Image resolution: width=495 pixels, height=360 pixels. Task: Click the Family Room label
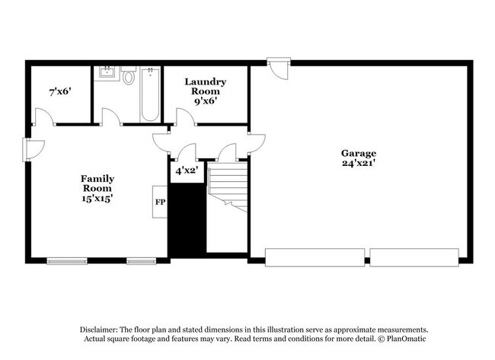[97, 183]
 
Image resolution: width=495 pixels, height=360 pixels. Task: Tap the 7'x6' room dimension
[59, 91]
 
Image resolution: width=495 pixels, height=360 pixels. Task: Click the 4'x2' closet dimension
[187, 170]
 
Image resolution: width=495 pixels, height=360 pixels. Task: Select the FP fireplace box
[160, 202]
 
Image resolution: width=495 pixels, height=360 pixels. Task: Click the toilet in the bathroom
[128, 77]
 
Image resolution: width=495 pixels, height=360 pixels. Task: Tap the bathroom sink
[106, 74]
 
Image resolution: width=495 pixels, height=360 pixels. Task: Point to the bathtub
[150, 94]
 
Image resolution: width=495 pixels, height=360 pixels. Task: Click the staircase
[228, 187]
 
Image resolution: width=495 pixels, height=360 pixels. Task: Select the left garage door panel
[315, 257]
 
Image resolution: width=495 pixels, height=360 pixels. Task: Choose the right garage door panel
[414, 257]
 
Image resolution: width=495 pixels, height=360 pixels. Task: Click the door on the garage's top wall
[279, 68]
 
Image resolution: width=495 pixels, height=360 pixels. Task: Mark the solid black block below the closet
[187, 221]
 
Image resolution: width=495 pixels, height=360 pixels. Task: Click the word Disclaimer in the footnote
[101, 329]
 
